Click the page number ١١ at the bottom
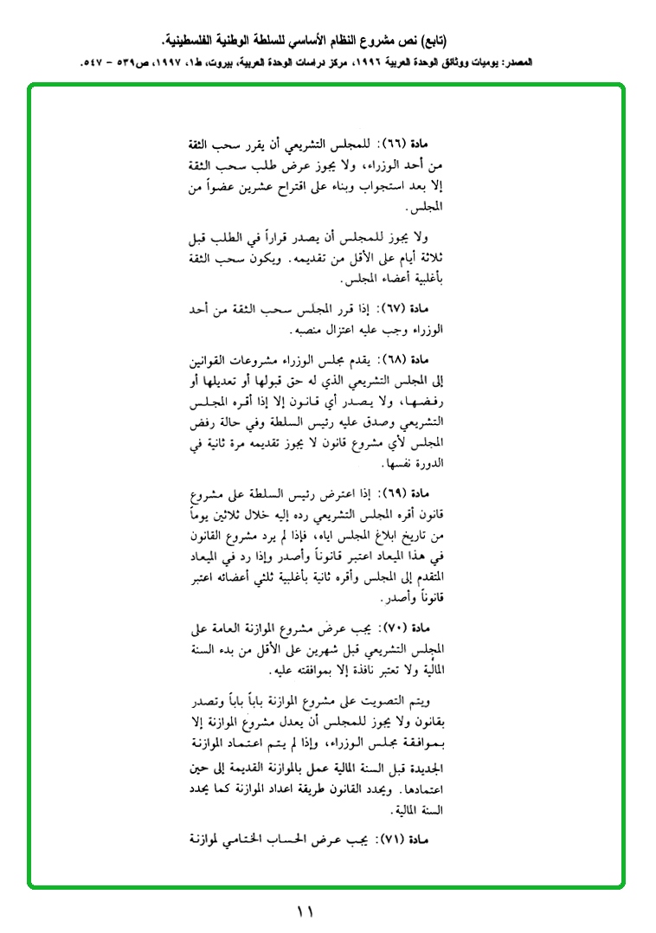304,911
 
